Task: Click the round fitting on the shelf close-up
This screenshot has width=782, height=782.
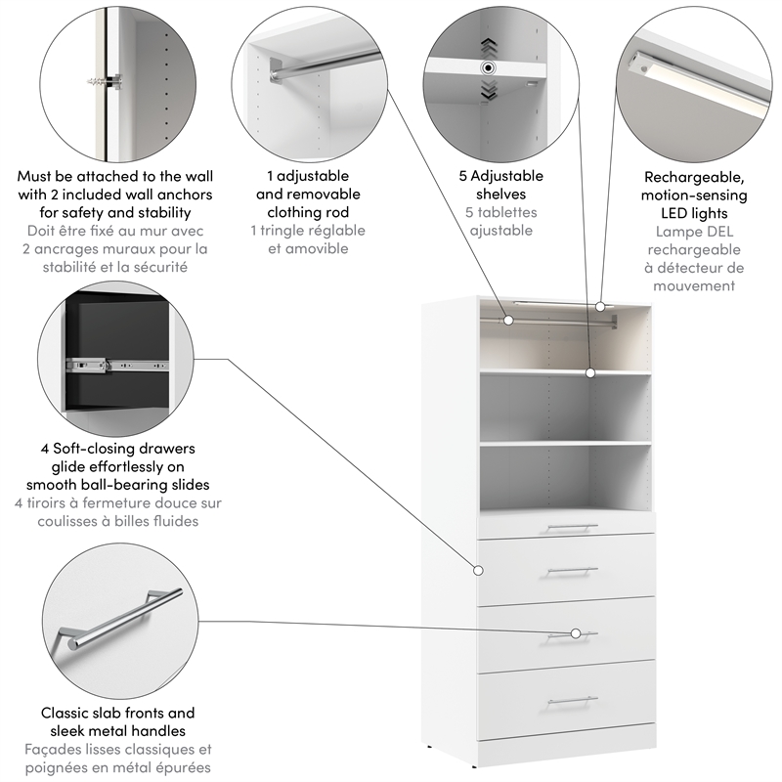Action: (486, 68)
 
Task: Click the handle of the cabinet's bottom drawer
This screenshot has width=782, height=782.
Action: (572, 701)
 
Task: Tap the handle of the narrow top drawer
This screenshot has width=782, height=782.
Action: (572, 528)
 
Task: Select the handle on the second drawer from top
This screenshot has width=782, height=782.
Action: (572, 571)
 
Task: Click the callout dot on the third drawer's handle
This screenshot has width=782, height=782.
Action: (577, 633)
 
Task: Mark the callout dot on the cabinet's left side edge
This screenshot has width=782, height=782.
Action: (479, 570)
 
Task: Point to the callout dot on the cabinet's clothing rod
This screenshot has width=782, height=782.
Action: (508, 319)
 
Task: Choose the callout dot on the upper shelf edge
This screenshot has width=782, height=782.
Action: (590, 372)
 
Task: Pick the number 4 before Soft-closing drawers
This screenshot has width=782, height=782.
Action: (45, 449)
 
